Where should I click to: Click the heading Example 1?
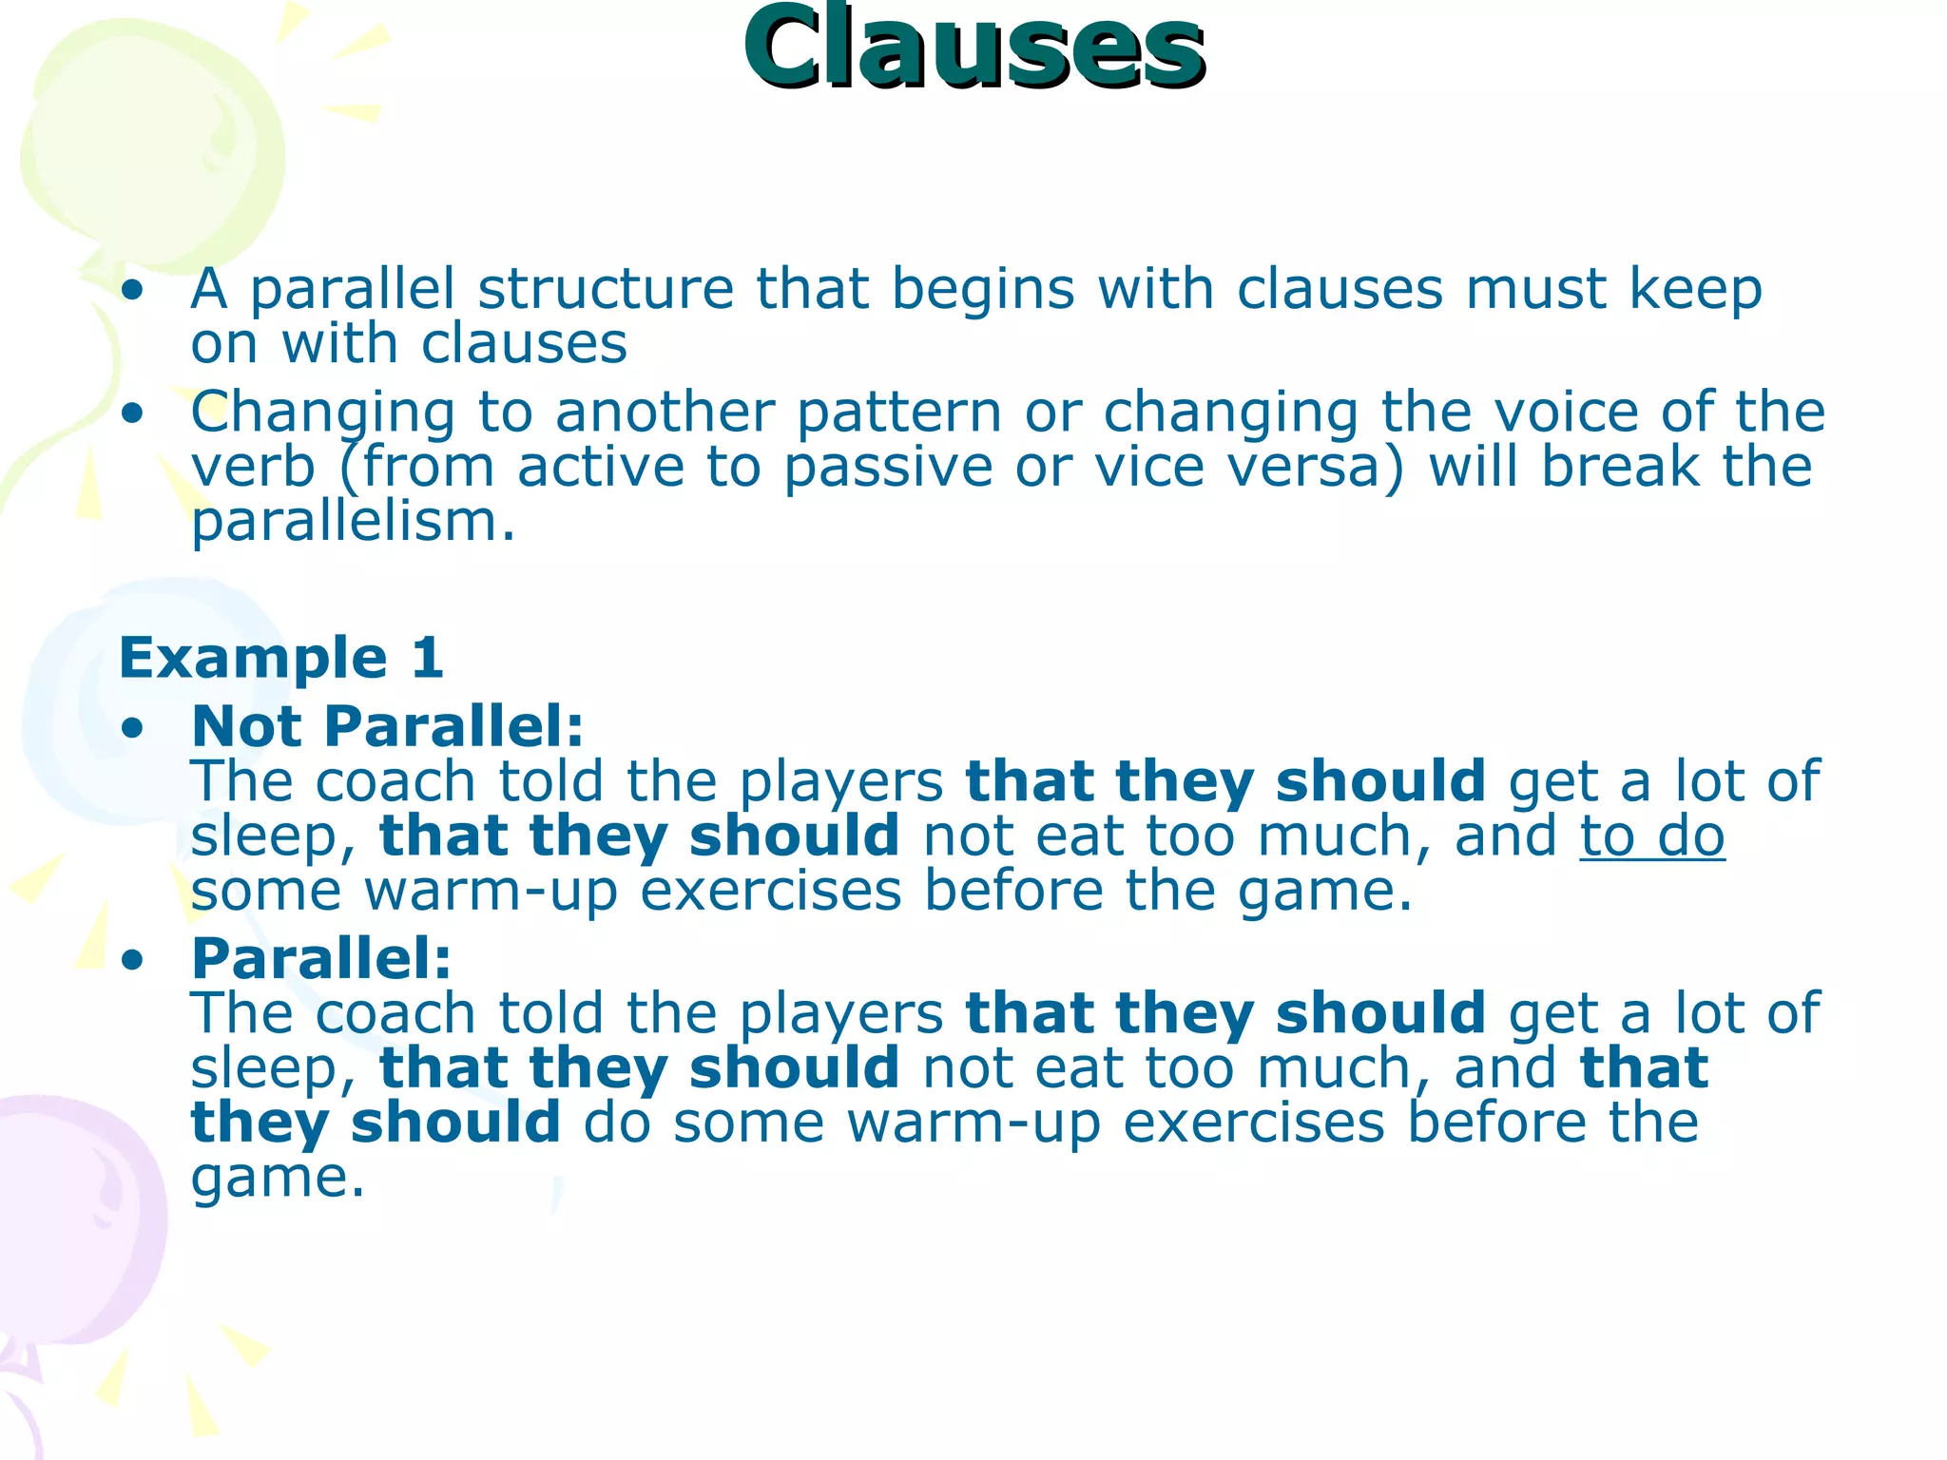click(281, 658)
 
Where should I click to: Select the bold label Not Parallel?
click(388, 727)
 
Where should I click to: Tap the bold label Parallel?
click(321, 958)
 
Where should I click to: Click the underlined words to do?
click(1652, 836)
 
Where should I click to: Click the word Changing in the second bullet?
click(323, 413)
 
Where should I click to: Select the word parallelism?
click(352, 523)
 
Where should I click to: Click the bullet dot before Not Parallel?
click(133, 729)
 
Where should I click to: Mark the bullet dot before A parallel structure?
click(133, 291)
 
